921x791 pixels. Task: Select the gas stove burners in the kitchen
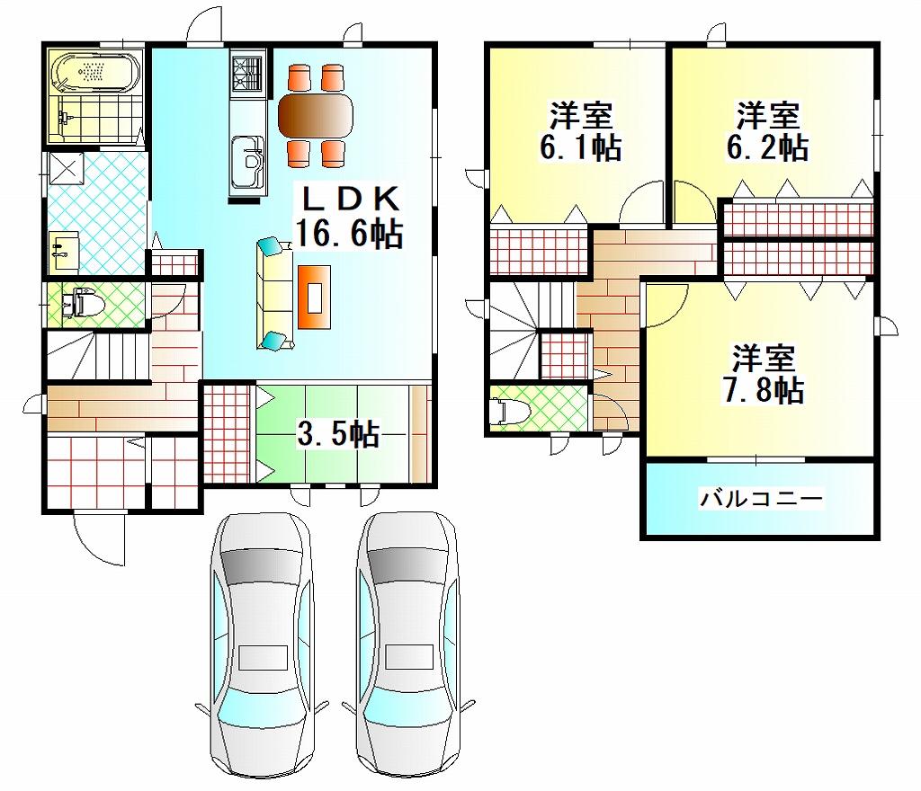pos(248,72)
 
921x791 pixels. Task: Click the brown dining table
pos(316,115)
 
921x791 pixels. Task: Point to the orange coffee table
pos(314,297)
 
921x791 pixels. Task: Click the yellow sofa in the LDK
pos(274,293)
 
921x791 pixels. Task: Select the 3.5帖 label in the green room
pos(338,435)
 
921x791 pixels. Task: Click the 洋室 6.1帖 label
pos(580,131)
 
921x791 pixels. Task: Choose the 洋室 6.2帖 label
pos(768,131)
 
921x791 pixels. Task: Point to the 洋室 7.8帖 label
pos(763,374)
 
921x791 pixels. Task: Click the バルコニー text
pos(761,500)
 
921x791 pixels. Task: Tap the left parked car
pos(262,645)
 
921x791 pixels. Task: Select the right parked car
pos(408,645)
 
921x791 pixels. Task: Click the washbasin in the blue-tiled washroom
pos(65,252)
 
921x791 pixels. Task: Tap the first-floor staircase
pos(97,354)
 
